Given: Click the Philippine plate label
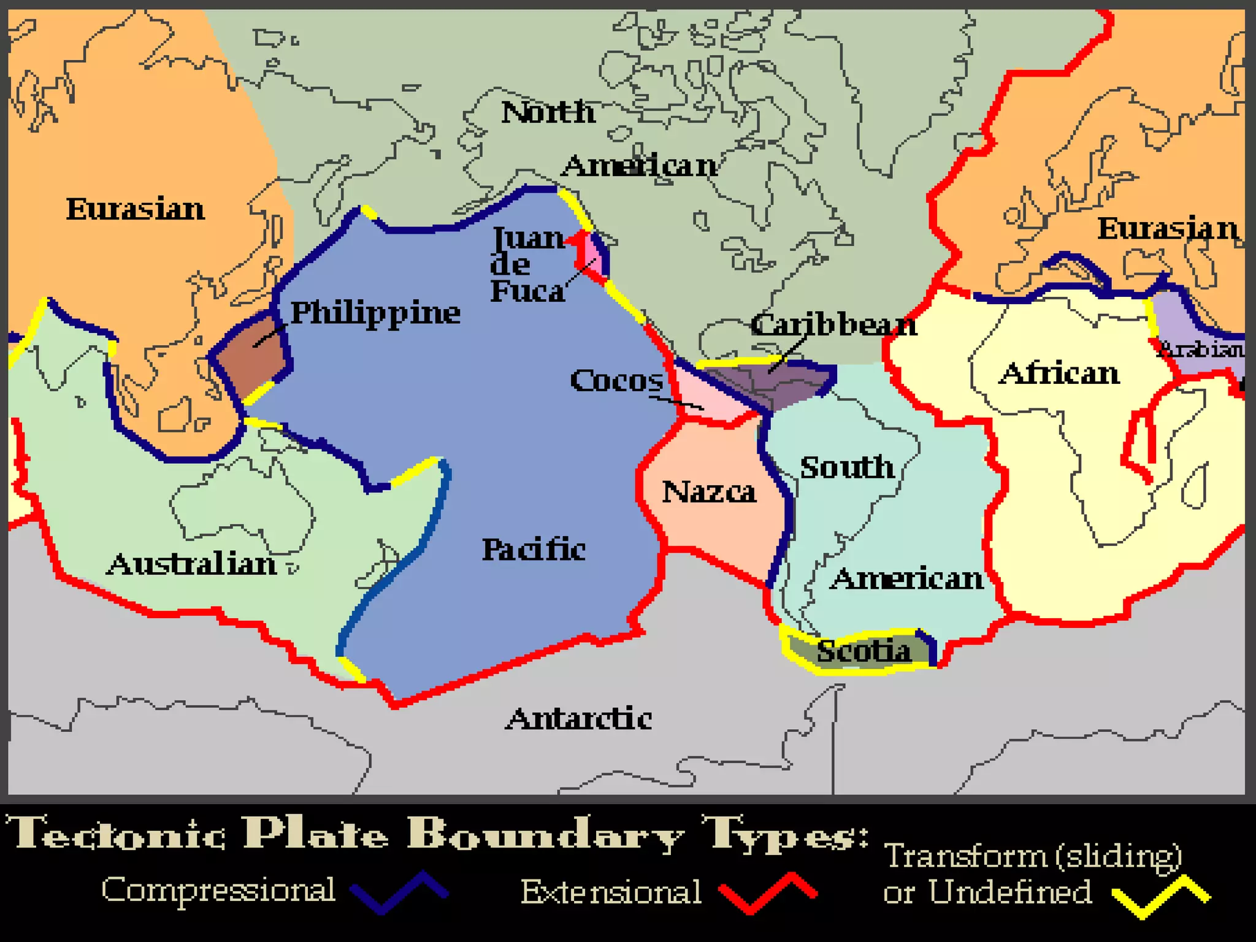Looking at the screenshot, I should click(375, 313).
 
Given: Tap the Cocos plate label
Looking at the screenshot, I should click(616, 381).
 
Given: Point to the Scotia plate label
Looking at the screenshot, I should click(863, 651).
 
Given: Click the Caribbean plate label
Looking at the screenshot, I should click(833, 324).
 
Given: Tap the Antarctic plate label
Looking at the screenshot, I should click(578, 719).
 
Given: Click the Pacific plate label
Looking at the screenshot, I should click(534, 549).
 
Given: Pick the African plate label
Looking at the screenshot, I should click(1059, 373).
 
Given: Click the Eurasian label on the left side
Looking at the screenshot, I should click(136, 209).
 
